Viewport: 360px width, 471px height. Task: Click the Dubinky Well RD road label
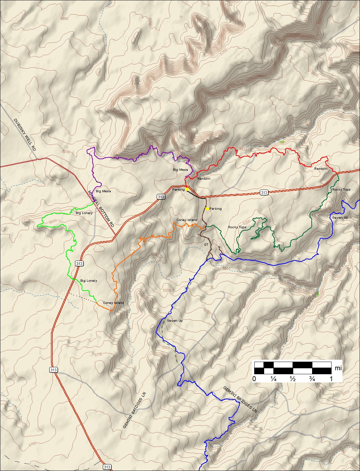tap(25, 135)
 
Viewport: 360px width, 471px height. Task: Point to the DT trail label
tap(206, 245)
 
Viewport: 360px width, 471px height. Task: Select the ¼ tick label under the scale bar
tap(273, 379)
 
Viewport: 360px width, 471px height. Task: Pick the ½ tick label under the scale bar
tap(293, 379)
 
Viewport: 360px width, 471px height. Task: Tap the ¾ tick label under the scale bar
tap(312, 379)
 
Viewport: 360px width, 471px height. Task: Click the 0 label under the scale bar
tap(254, 379)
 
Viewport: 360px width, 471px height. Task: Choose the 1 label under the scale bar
tap(331, 379)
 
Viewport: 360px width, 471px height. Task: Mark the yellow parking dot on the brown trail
tap(207, 209)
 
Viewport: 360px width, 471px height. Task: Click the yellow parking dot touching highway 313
tap(187, 189)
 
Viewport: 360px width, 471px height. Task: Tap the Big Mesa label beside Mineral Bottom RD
tap(103, 191)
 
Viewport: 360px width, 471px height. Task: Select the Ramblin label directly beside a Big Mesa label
tap(204, 179)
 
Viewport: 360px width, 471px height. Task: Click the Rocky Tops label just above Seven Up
tap(341, 190)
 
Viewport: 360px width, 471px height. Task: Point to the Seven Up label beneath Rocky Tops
tap(340, 218)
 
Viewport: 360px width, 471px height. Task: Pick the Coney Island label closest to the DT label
tap(187, 220)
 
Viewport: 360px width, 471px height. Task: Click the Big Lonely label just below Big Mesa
tap(84, 213)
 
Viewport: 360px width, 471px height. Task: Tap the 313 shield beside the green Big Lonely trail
tap(79, 264)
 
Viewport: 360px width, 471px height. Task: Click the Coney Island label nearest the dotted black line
tap(113, 303)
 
